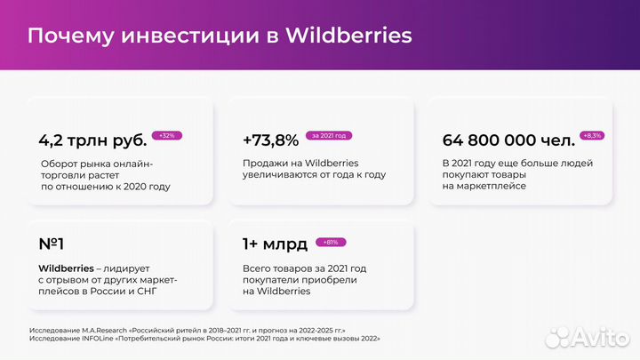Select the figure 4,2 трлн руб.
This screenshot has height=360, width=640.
pos(92,140)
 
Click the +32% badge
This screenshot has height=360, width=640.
pos(167,135)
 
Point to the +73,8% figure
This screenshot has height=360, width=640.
pos(270,140)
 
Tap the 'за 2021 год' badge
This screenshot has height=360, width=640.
pos(329,135)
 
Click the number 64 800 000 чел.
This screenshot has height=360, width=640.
pos(508,140)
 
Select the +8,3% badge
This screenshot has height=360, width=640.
pos(591,135)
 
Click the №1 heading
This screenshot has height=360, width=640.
pos(52,244)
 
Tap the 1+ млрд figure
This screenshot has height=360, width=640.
pos(275,244)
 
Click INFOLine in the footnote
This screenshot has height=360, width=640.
pos(96,339)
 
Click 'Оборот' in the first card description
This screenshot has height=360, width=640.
pos(60,164)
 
